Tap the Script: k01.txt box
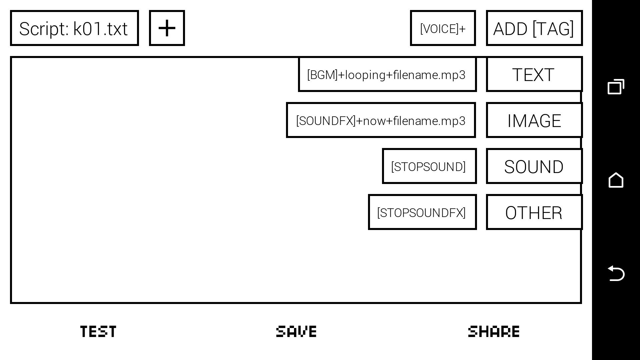(x=74, y=28)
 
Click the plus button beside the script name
(x=167, y=28)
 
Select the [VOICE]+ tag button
(x=443, y=28)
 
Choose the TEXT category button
(x=534, y=74)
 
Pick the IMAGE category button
(x=534, y=120)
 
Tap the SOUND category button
(x=534, y=166)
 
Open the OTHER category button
(x=534, y=212)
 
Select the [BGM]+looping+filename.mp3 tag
(x=387, y=75)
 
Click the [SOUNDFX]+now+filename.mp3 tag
(x=381, y=120)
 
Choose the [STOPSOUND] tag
(x=429, y=166)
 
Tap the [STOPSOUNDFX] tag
(x=422, y=212)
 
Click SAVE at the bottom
(x=296, y=331)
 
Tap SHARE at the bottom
(x=494, y=331)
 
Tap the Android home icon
(x=616, y=180)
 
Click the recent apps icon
(x=616, y=87)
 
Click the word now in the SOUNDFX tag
(x=375, y=121)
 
